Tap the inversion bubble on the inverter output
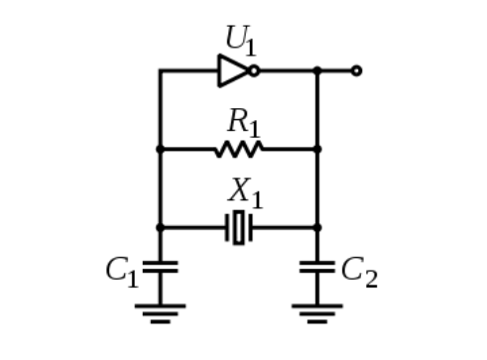click(x=254, y=70)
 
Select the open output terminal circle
click(x=356, y=70)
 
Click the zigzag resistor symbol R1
click(x=239, y=149)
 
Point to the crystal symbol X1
click(x=239, y=227)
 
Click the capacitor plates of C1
click(x=161, y=267)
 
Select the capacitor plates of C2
click(x=317, y=267)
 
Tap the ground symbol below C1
click(x=161, y=313)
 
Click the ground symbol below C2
click(x=317, y=313)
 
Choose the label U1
click(x=241, y=41)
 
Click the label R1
click(x=244, y=123)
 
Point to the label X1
click(x=245, y=193)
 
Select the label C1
click(x=122, y=272)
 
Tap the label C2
click(x=359, y=272)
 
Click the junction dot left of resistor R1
click(x=161, y=149)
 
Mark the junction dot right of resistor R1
click(x=317, y=149)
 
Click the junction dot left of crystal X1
click(x=161, y=227)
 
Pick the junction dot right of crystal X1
click(x=317, y=227)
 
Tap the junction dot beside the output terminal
click(x=317, y=70)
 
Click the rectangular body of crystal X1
click(x=239, y=227)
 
